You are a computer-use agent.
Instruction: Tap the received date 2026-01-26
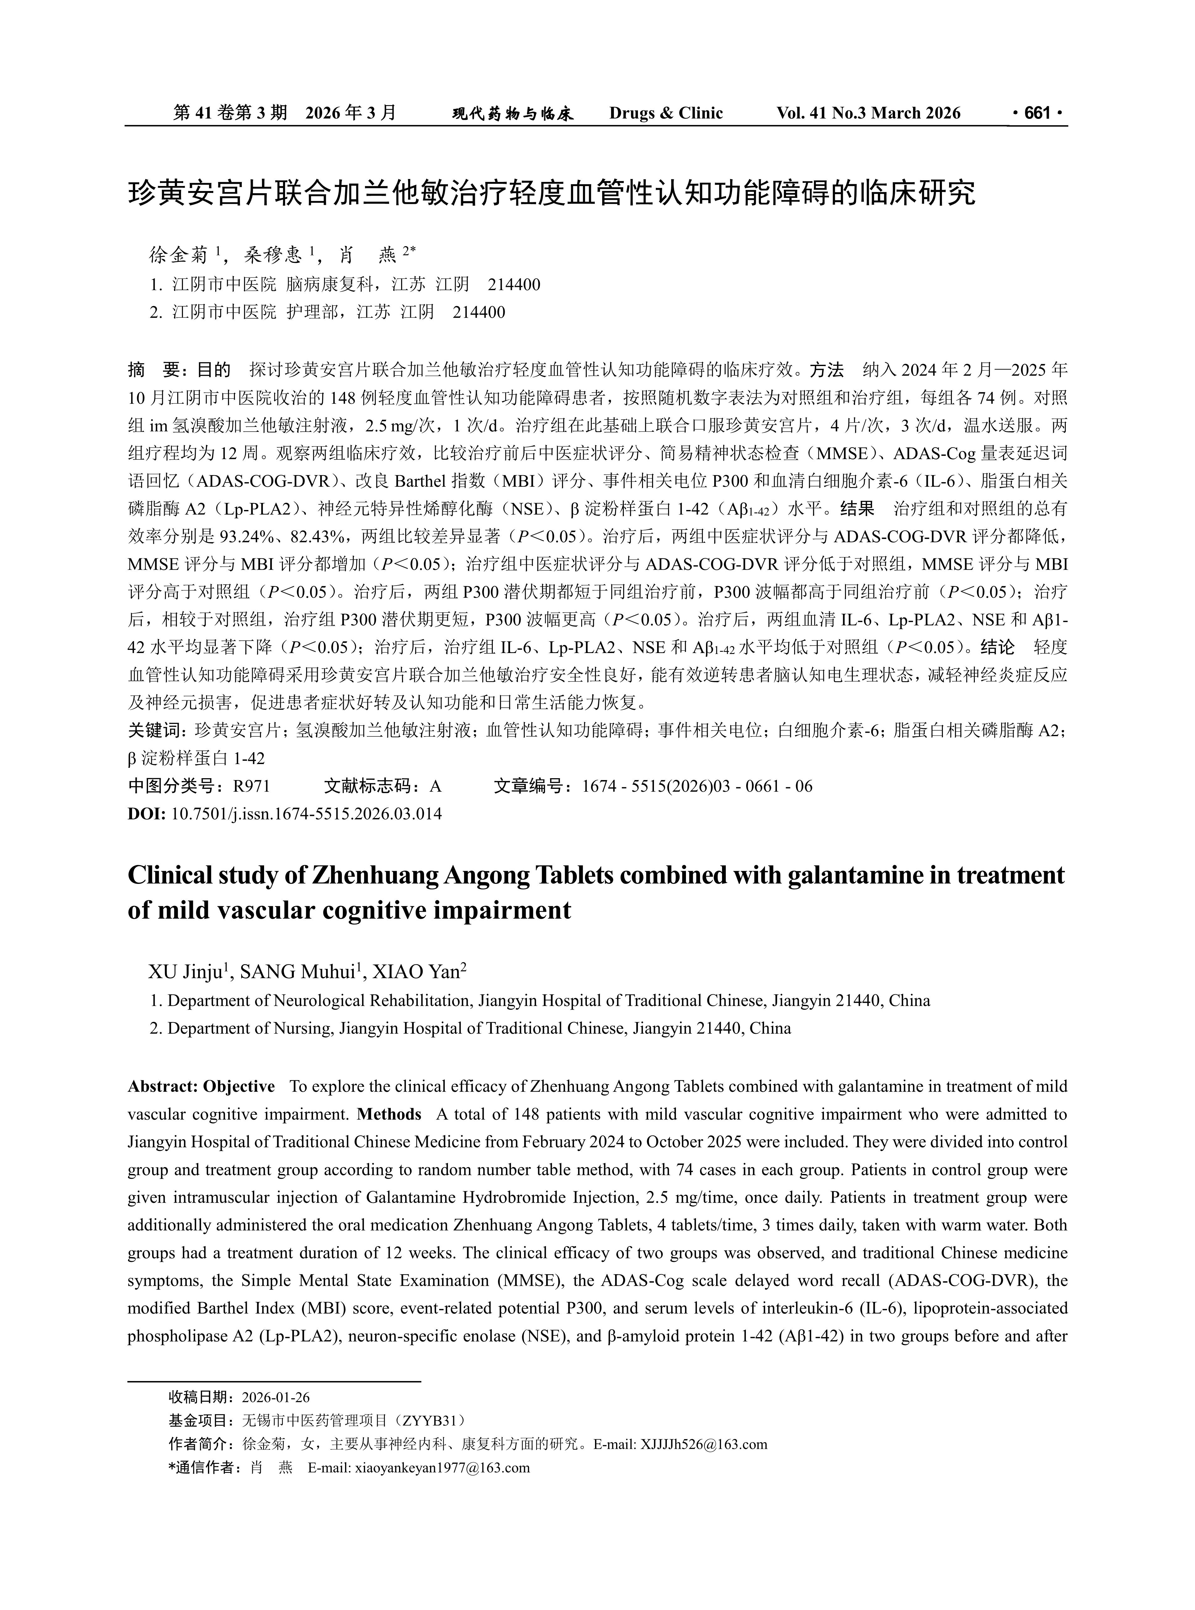pos(275,1397)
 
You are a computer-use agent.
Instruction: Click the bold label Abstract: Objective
pos(201,1087)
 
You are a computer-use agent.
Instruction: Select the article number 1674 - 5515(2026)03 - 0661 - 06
pos(697,786)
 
